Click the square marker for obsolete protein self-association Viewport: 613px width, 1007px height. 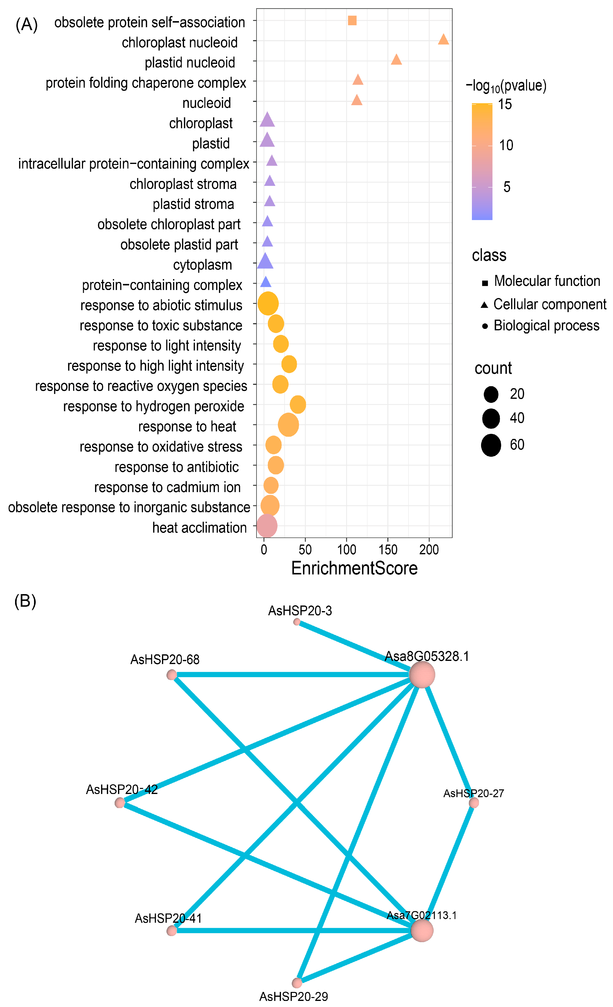pos(352,20)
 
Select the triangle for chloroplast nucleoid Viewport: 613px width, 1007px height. pos(443,40)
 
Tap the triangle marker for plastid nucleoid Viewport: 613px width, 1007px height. pos(396,60)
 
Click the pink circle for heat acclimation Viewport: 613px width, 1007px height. pos(267,526)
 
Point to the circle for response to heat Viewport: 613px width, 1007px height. pos(289,425)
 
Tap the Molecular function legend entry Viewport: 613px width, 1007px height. pos(547,281)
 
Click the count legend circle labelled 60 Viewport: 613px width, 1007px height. pos(491,445)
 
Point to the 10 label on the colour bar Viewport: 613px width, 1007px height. pos(506,145)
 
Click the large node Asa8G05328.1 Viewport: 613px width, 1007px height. pos(422,675)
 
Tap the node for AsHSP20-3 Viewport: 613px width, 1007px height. pos(297,622)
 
